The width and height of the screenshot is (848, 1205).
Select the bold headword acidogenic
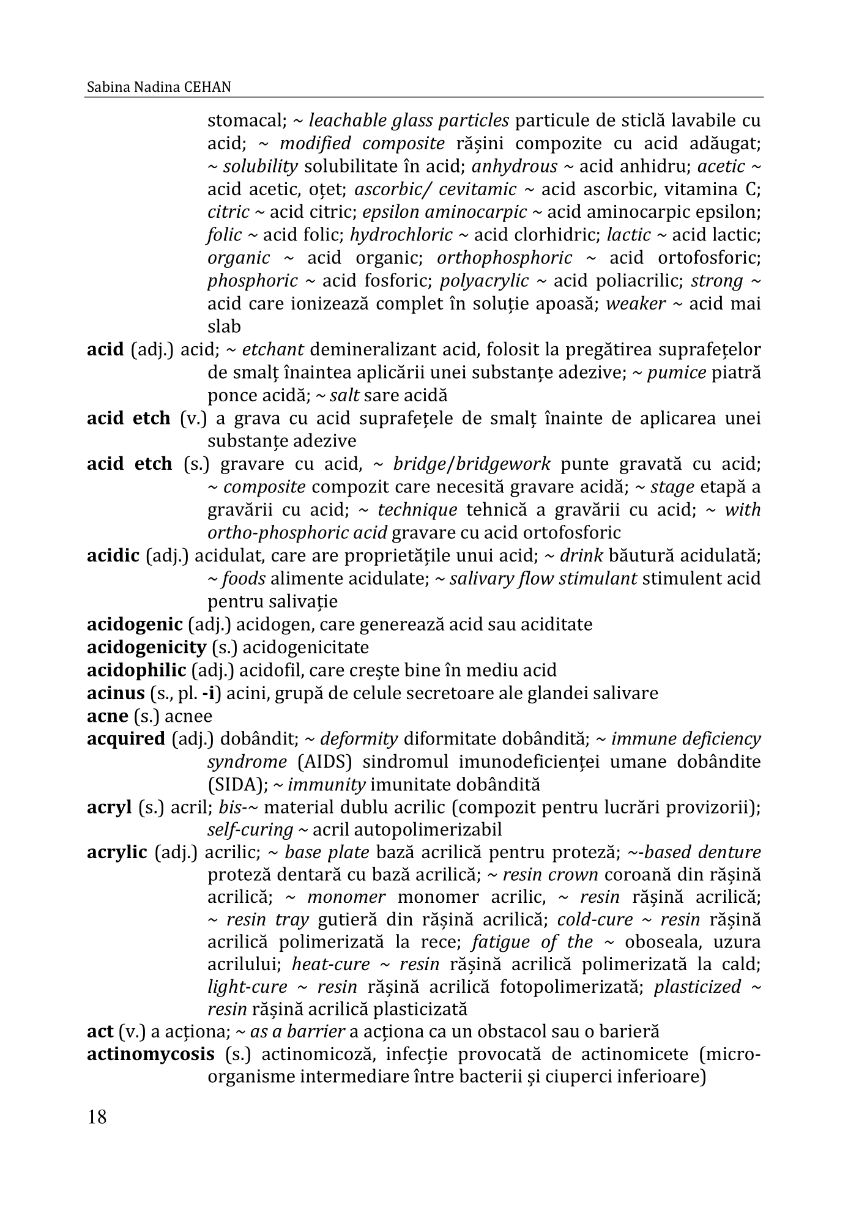(x=135, y=625)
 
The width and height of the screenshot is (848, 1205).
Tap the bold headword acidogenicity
(x=146, y=647)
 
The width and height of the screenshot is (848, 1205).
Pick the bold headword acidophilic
(x=136, y=670)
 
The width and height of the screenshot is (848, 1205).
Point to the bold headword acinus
(x=116, y=693)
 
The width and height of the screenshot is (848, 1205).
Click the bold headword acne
(x=107, y=716)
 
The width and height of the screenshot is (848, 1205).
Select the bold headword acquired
(x=126, y=739)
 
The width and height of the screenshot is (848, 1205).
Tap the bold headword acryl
(x=109, y=807)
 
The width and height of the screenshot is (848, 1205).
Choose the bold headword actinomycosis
(x=151, y=1055)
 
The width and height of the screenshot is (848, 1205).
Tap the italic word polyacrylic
(x=484, y=281)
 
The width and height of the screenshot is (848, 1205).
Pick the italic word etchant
(x=273, y=350)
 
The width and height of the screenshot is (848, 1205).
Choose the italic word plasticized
(x=697, y=987)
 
